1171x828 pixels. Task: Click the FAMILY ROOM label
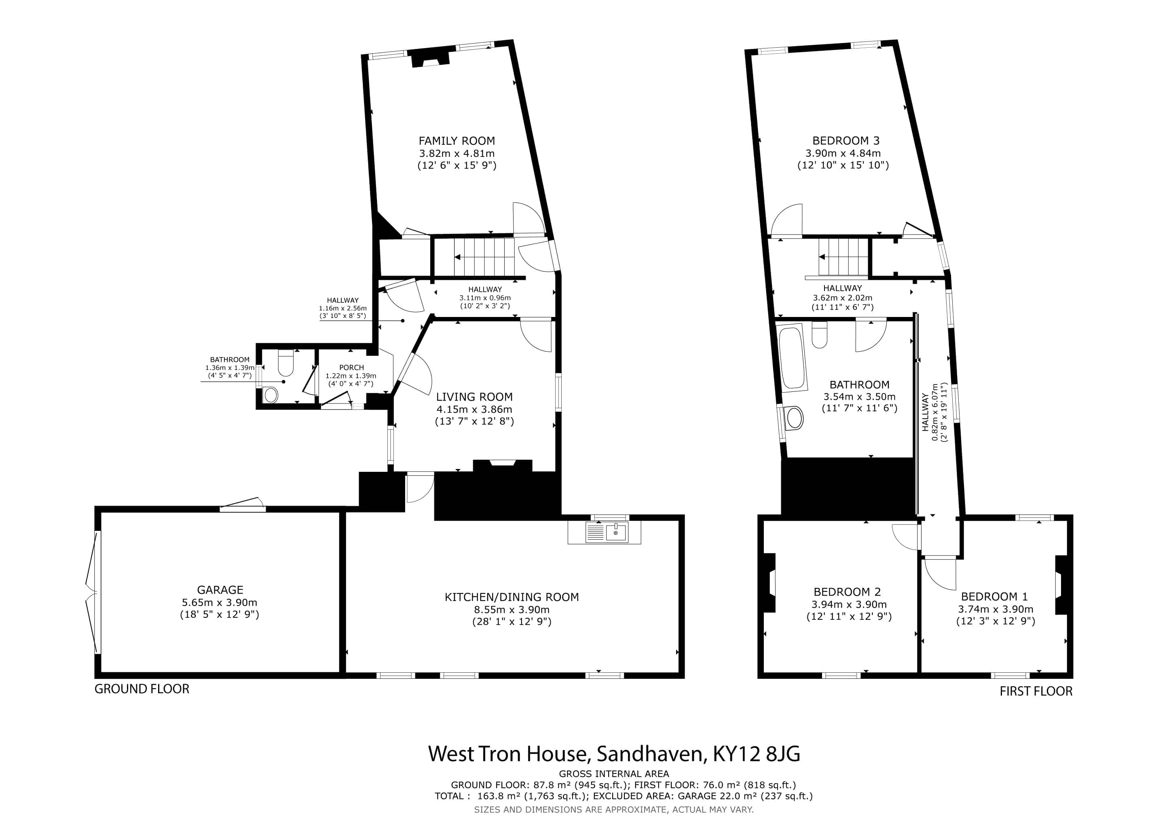[457, 141]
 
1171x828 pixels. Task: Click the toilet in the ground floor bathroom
[285, 362]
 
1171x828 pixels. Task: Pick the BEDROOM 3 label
[843, 141]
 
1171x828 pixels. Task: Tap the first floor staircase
[843, 257]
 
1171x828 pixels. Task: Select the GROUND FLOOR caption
[142, 689]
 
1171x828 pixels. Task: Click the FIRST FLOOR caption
[1036, 691]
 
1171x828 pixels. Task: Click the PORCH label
[351, 367]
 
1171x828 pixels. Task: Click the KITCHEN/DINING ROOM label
[512, 597]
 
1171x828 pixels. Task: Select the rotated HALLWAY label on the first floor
[925, 412]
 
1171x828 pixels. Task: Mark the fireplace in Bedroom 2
[769, 583]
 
